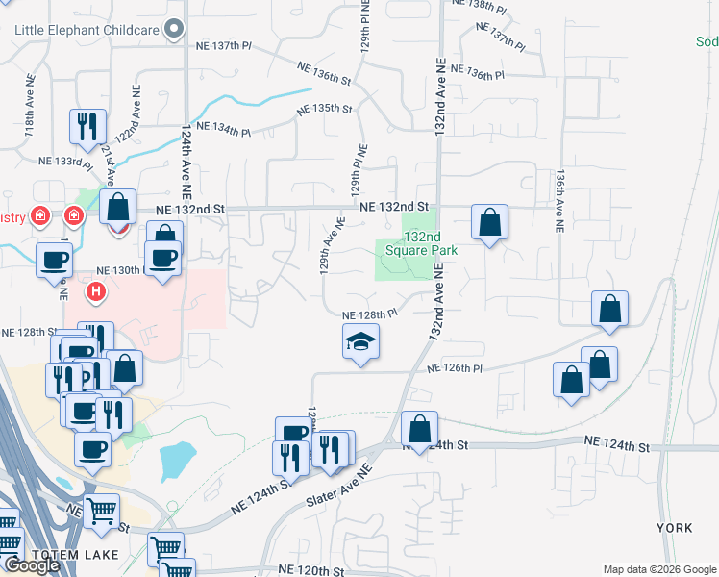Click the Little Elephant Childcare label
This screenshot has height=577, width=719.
coord(87,30)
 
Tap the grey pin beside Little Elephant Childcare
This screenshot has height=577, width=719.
coord(174,30)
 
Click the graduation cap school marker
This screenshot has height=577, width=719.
coord(360,341)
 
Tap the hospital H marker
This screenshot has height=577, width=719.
coord(96,290)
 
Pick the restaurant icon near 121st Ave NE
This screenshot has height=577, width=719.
coord(87,126)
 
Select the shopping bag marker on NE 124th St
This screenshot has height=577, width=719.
coord(420,428)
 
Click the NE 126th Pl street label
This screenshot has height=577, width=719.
coord(454,368)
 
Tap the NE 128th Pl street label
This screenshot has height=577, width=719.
coord(370,314)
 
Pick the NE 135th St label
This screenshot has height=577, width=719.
coord(325,109)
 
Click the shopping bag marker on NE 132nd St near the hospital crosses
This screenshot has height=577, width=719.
coord(117,208)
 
